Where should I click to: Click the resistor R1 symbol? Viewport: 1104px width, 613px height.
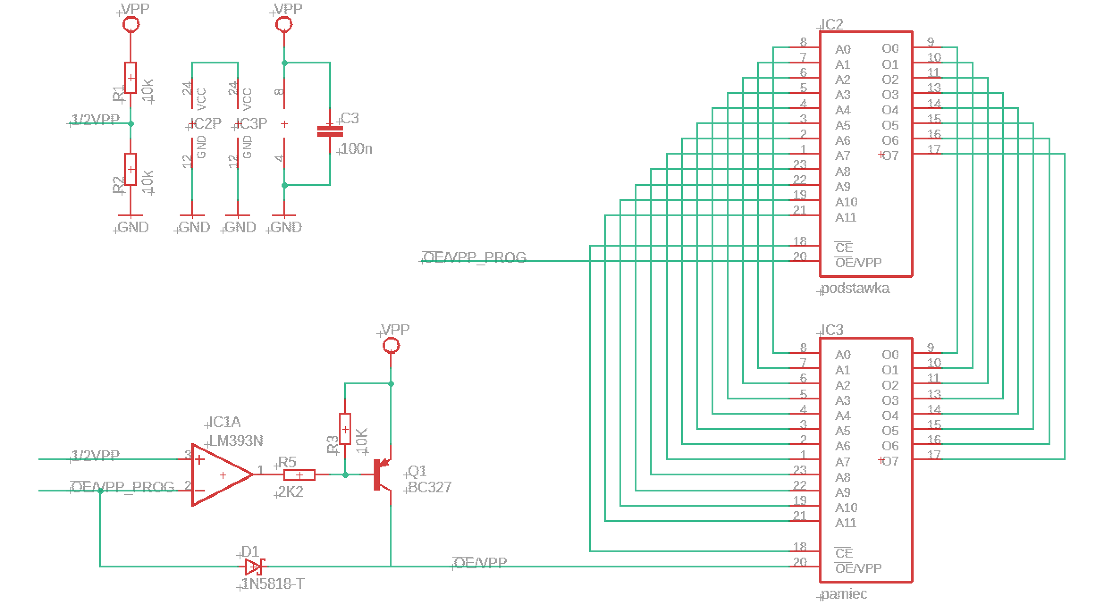[x=130, y=78]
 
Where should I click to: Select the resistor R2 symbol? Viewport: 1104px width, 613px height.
[x=130, y=169]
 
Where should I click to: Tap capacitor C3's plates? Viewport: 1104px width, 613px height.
[x=330, y=131]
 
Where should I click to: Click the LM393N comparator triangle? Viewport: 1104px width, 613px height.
[x=222, y=474]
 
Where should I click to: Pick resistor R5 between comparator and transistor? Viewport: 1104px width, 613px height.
[x=299, y=474]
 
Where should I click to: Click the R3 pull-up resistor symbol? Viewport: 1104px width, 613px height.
[x=345, y=429]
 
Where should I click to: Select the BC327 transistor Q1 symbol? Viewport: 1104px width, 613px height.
[x=383, y=474]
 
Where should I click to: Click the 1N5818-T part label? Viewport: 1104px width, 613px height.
[x=273, y=584]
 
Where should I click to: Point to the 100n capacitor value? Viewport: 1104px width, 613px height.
[x=356, y=149]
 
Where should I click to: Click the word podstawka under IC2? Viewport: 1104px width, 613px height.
[x=855, y=289]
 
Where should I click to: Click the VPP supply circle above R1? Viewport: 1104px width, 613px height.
[x=131, y=24]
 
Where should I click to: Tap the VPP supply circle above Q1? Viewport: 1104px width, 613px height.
[x=391, y=345]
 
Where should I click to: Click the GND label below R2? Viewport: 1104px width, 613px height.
[x=133, y=227]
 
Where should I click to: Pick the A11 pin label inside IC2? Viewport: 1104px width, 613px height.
[x=846, y=218]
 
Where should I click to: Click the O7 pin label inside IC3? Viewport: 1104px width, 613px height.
[x=890, y=461]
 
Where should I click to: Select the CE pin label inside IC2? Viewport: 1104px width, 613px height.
[x=844, y=248]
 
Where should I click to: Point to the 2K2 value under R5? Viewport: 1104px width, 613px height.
[x=291, y=492]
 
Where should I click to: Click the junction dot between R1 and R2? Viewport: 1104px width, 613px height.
[x=131, y=124]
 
